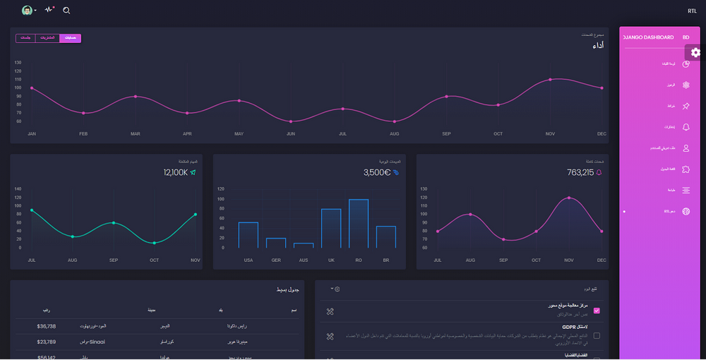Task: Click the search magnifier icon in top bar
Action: (x=66, y=11)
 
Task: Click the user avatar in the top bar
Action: (x=27, y=11)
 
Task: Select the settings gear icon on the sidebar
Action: (x=695, y=52)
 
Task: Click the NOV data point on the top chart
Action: (x=550, y=80)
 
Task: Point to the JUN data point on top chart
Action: (x=291, y=121)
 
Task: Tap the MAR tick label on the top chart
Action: (x=135, y=133)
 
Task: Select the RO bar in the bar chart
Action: (x=359, y=223)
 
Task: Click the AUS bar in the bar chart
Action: (x=304, y=245)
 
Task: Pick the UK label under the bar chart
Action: (x=330, y=260)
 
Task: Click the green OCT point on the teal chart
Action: (x=155, y=243)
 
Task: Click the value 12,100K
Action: (x=175, y=172)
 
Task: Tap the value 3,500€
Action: (x=377, y=172)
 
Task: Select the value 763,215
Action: (x=580, y=172)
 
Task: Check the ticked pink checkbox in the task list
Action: (x=597, y=310)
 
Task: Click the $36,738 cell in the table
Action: (x=47, y=325)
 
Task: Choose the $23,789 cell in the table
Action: (x=47, y=342)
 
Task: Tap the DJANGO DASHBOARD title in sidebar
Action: (x=648, y=37)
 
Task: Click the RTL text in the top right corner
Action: (x=692, y=11)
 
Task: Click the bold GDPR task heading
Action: (x=570, y=328)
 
